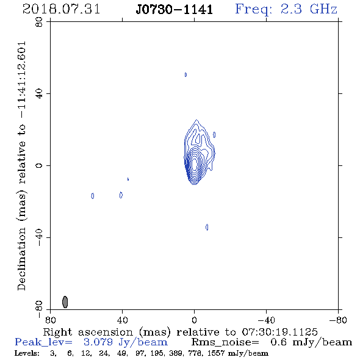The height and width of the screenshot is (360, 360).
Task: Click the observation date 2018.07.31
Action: pos(61,9)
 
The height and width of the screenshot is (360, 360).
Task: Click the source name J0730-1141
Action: pos(175,9)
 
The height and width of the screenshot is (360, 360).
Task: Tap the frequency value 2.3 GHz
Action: pos(309,9)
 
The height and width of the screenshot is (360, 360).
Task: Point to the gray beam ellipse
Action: pos(65,302)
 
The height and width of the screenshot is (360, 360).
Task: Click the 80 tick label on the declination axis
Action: pos(39,22)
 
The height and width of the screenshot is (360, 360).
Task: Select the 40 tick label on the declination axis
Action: pos(39,94)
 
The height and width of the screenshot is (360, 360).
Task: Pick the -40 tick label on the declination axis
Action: pos(39,237)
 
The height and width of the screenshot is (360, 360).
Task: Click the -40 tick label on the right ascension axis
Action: pos(266,320)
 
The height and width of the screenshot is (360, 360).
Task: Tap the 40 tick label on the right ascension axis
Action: pos(123,320)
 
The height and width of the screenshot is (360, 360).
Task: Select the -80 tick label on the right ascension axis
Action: pos(338,320)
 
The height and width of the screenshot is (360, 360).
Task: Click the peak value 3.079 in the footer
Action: pos(98,342)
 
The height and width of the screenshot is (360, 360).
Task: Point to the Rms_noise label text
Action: pos(225,342)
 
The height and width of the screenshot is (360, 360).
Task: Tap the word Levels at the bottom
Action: pos(27,353)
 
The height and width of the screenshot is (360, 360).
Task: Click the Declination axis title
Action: pos(21,166)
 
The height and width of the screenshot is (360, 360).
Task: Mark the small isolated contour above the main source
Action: pos(185,74)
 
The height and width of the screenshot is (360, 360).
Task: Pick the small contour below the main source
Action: pos(207,227)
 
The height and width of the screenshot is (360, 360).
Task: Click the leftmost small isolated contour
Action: pos(93,196)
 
